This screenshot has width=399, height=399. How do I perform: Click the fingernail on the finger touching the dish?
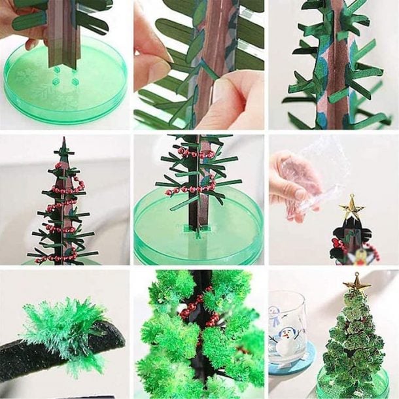coord(31,44)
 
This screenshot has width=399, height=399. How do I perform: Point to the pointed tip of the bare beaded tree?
coord(63,140)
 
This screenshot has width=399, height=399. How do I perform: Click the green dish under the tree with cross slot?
coord(196,235)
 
